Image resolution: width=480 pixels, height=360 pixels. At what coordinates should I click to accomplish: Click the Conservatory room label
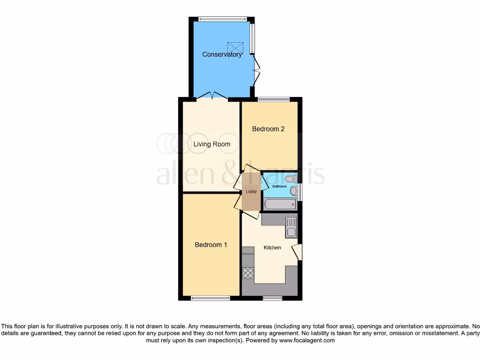coord(222,54)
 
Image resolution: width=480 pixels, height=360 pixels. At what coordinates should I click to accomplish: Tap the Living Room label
coord(212,144)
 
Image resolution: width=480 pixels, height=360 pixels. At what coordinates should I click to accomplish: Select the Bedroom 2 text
coord(268,129)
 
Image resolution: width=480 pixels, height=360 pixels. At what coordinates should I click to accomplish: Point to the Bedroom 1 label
coord(211,245)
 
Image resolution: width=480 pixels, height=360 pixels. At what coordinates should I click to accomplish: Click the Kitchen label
coord(272,247)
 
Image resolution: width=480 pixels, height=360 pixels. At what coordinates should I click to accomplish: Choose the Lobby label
coord(251,192)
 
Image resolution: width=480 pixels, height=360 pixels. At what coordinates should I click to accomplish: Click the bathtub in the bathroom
coord(280,204)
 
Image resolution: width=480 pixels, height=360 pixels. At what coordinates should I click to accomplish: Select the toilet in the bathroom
coord(291,178)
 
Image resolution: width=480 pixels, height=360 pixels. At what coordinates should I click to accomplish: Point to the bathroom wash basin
coord(294,191)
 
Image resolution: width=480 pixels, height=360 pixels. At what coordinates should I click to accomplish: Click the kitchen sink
coord(291,227)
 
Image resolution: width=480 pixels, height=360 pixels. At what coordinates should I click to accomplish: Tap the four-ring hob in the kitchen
coord(248,272)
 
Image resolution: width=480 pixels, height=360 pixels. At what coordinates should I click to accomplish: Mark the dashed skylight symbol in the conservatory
coord(235,48)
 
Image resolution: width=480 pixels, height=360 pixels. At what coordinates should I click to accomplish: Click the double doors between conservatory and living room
coord(212,96)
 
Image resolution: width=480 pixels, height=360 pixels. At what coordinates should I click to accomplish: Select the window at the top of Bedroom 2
coord(274,99)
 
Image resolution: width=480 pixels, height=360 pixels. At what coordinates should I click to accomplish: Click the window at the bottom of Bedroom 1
coord(210,298)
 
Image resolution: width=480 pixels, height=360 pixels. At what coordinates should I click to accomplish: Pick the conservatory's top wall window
coord(222,19)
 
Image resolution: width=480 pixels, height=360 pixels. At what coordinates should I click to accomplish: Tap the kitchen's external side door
coord(298,252)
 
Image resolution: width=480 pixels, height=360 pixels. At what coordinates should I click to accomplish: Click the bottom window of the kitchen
coord(272,298)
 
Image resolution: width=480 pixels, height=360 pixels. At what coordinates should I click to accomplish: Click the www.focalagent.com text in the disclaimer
coord(307,341)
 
